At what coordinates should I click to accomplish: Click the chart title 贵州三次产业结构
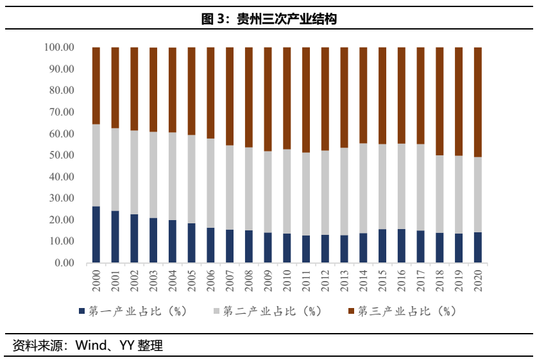pyautogui.click(x=269, y=19)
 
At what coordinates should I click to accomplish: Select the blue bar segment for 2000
pyautogui.click(x=96, y=234)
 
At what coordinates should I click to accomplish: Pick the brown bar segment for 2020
pyautogui.click(x=477, y=102)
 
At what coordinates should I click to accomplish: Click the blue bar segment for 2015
pyautogui.click(x=382, y=246)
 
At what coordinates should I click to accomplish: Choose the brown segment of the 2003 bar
pyautogui.click(x=153, y=89)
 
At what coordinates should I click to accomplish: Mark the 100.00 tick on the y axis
pyautogui.click(x=60, y=47)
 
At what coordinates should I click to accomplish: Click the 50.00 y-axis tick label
pyautogui.click(x=60, y=155)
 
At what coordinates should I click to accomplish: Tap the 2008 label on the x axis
pyautogui.click(x=249, y=281)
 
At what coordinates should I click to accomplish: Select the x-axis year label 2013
pyautogui.click(x=344, y=281)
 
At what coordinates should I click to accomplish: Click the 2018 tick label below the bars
pyautogui.click(x=439, y=281)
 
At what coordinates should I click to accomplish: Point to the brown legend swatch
pyautogui.click(x=350, y=311)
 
